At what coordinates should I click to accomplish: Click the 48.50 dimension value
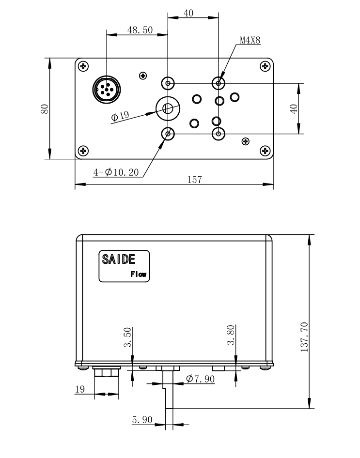pyautogui.click(x=140, y=30)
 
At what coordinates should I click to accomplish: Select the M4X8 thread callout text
pyautogui.click(x=250, y=41)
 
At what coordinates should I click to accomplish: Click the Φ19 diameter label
pyautogui.click(x=120, y=116)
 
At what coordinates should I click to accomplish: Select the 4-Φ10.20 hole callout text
pyautogui.click(x=116, y=172)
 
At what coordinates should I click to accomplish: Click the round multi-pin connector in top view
pyautogui.click(x=106, y=90)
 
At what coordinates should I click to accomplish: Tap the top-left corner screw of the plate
pyautogui.click(x=84, y=66)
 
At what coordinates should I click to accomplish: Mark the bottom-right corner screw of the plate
pyautogui.click(x=265, y=150)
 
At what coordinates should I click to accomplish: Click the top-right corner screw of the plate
pyautogui.click(x=265, y=66)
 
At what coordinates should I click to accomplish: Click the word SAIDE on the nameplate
pyautogui.click(x=118, y=260)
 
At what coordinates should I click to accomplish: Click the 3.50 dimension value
pyautogui.click(x=127, y=337)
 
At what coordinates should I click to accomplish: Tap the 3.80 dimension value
pyautogui.click(x=231, y=335)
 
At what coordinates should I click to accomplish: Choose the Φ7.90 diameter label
pyautogui.click(x=200, y=379)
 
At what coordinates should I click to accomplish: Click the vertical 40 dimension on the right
pyautogui.click(x=294, y=108)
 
